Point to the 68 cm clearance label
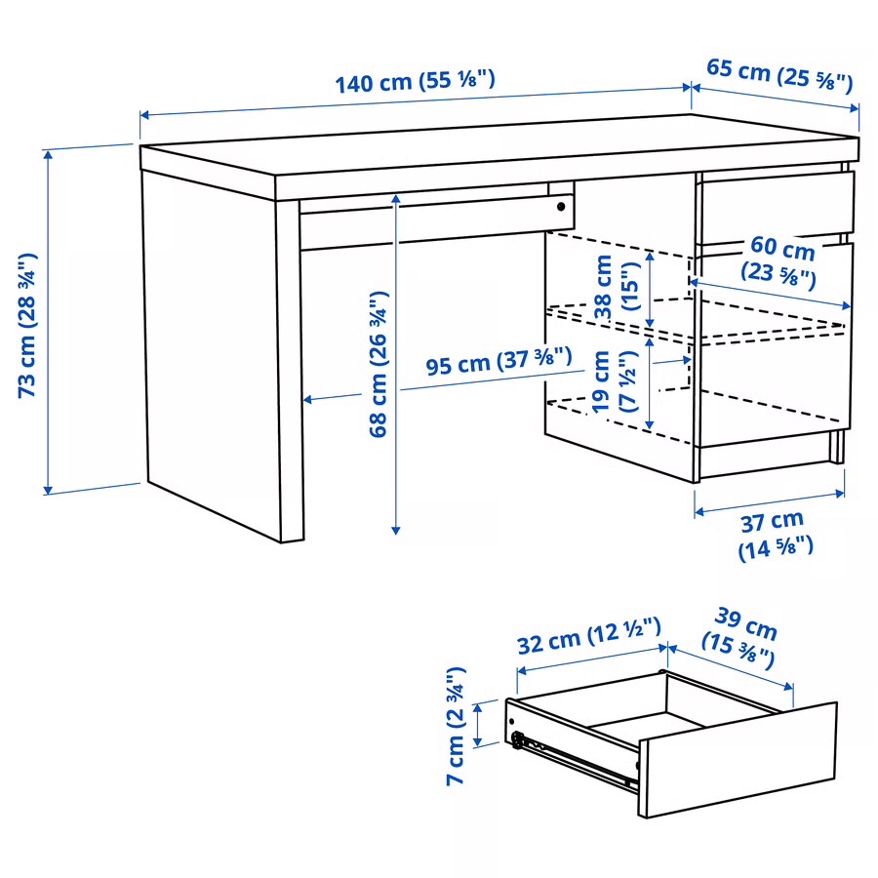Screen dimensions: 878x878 click(x=379, y=363)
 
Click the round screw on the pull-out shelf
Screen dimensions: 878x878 click(x=561, y=207)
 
